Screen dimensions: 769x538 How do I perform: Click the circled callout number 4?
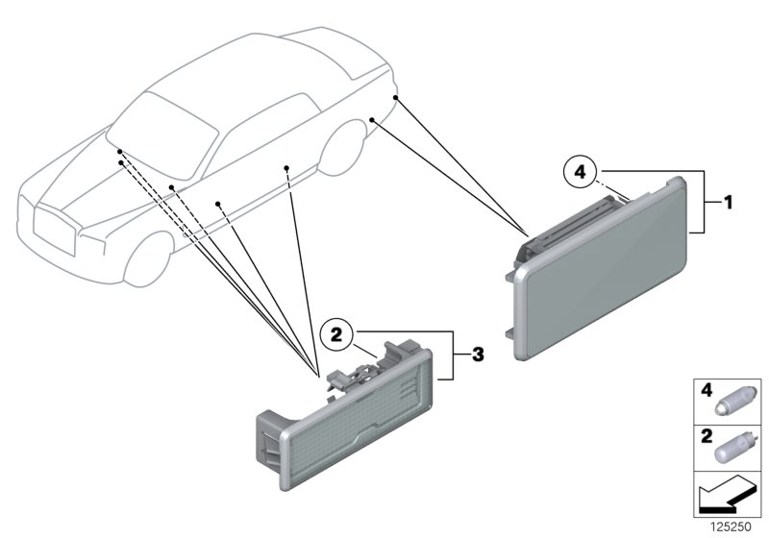click(580, 173)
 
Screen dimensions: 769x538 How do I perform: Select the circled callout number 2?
click(335, 335)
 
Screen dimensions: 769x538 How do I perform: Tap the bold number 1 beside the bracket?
click(729, 203)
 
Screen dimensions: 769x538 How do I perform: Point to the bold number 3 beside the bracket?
click(478, 355)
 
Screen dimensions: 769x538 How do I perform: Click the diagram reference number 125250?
click(731, 527)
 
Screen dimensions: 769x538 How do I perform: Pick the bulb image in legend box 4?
click(730, 402)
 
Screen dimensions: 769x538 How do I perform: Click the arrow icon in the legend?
click(726, 495)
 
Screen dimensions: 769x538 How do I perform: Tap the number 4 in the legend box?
click(707, 390)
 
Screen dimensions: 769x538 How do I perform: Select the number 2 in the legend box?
click(707, 436)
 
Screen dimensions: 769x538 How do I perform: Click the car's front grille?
click(55, 230)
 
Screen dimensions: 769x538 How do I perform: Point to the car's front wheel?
click(148, 259)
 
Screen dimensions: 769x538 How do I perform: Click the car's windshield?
click(162, 134)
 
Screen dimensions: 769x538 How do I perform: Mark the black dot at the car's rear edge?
click(396, 98)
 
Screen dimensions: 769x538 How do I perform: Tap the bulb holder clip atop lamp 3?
click(354, 374)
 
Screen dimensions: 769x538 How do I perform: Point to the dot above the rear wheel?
click(372, 119)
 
